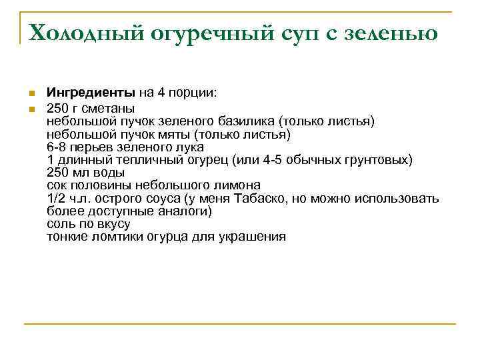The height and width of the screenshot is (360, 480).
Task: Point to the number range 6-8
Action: [58, 147]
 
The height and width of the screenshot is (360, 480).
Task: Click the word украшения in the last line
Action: [252, 237]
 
